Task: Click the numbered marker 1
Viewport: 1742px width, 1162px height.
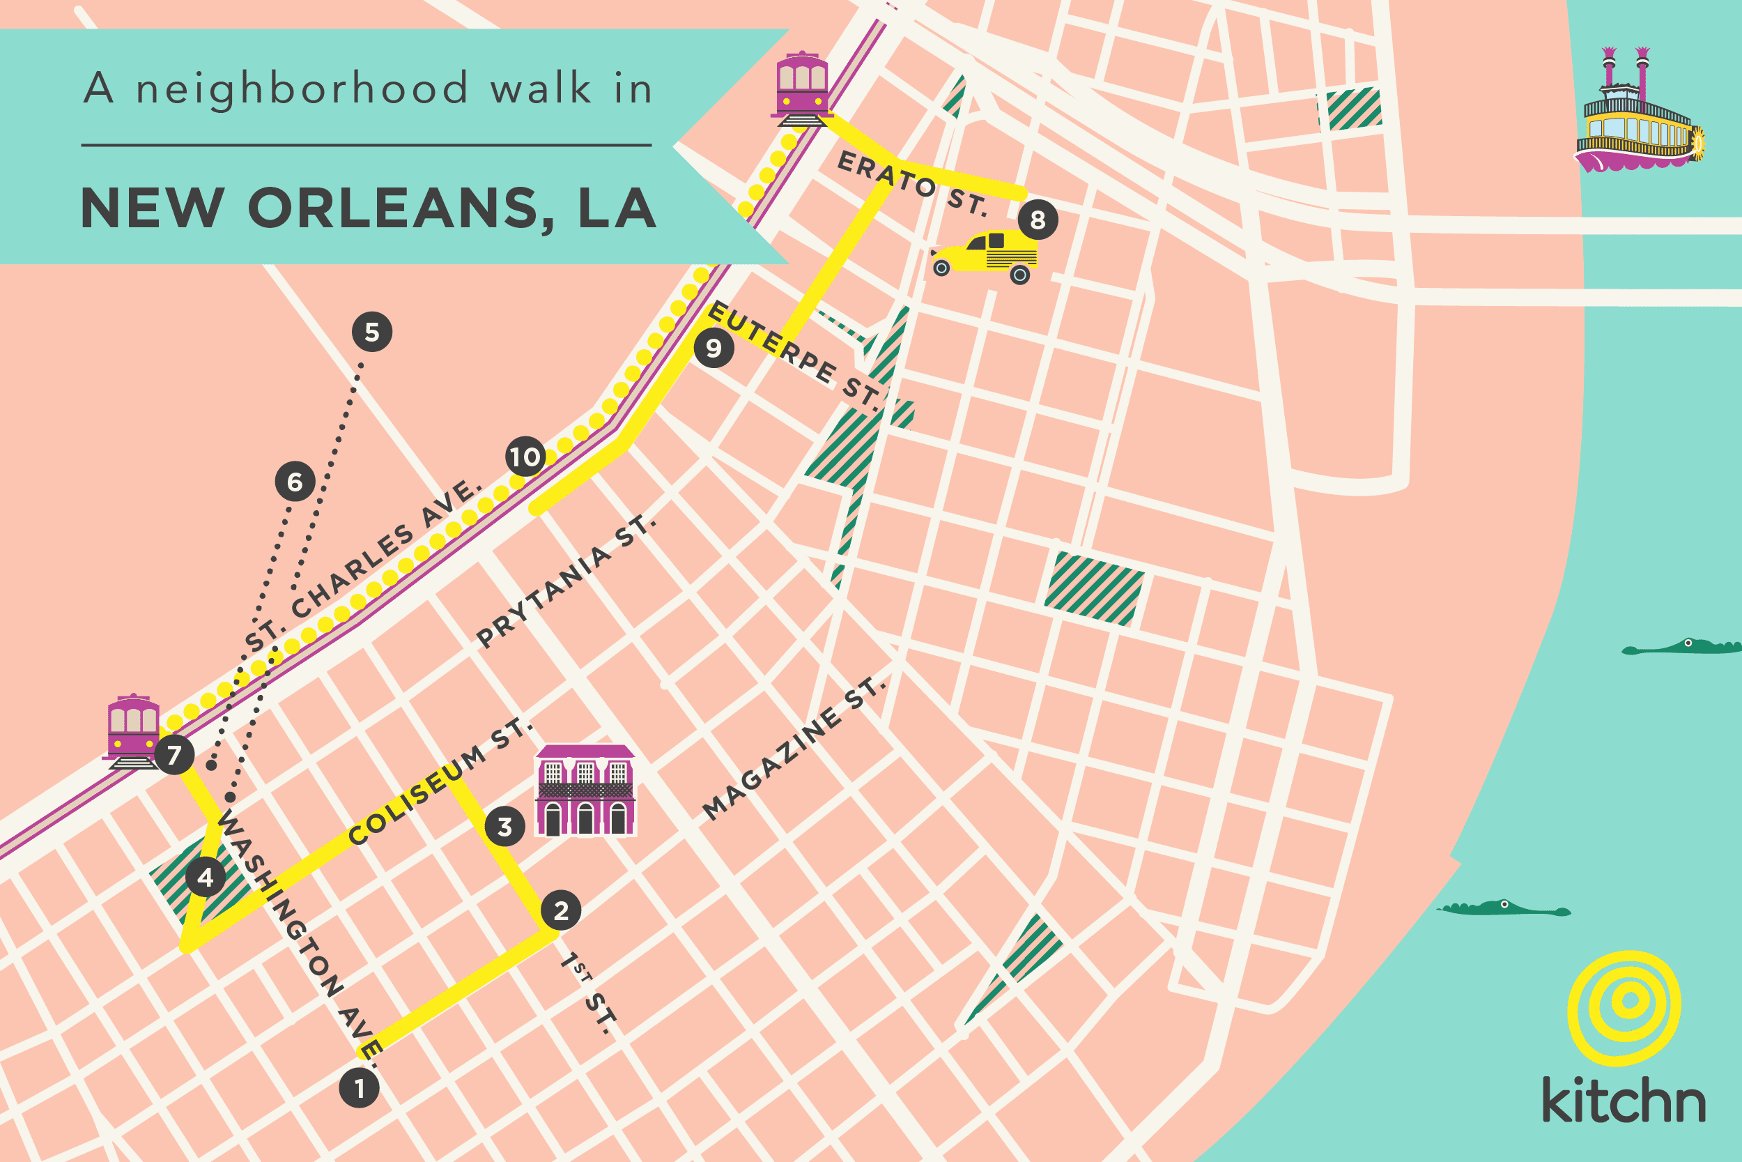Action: click(x=360, y=1089)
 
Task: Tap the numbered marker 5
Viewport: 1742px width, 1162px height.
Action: click(x=372, y=332)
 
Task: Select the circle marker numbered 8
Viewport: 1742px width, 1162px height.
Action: click(x=1038, y=220)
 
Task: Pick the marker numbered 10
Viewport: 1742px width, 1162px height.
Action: click(x=525, y=457)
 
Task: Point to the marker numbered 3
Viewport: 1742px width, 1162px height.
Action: click(x=504, y=826)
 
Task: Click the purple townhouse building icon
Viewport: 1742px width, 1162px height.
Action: click(x=585, y=791)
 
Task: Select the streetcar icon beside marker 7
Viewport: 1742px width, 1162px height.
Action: click(x=132, y=732)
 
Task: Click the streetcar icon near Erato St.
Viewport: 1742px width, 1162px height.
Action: click(x=801, y=89)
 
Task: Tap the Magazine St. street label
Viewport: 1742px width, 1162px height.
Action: click(x=792, y=749)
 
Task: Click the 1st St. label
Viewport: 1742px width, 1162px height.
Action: click(x=589, y=993)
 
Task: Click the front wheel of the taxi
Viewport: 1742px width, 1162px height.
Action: click(x=941, y=268)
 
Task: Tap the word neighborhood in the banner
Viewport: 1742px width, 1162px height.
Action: click(x=302, y=89)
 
